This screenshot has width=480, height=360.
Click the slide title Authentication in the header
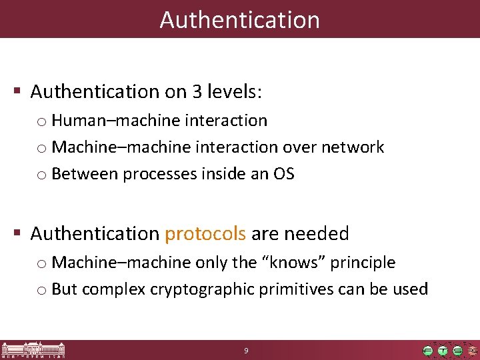pos(240,19)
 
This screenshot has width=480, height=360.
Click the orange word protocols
pos(205,233)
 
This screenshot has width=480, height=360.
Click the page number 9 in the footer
pos(246,350)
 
